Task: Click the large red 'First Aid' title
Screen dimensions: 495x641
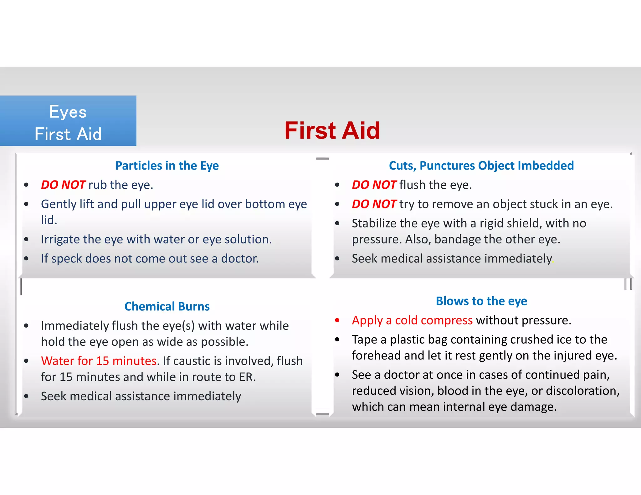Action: click(x=332, y=130)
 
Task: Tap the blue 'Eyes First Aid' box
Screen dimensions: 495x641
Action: click(x=68, y=121)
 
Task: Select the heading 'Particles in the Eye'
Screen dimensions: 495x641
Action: click(x=167, y=166)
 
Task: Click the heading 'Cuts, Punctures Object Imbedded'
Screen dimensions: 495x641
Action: click(x=481, y=166)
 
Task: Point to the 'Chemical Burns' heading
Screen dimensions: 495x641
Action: click(x=167, y=306)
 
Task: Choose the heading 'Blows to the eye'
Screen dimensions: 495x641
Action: click(x=481, y=301)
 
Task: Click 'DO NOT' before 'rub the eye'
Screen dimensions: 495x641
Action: click(x=63, y=185)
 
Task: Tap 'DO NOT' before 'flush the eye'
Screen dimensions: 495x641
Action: click(x=374, y=185)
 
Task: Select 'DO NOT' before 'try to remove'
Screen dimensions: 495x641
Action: click(x=374, y=204)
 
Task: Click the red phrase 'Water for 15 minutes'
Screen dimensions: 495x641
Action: click(x=99, y=361)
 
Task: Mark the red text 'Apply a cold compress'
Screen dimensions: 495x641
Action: click(x=412, y=320)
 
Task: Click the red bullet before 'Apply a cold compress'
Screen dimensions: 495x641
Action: click(x=337, y=320)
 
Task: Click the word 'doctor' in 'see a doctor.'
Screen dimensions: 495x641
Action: click(x=239, y=258)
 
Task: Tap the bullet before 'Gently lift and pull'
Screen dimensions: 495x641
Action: click(x=26, y=204)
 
